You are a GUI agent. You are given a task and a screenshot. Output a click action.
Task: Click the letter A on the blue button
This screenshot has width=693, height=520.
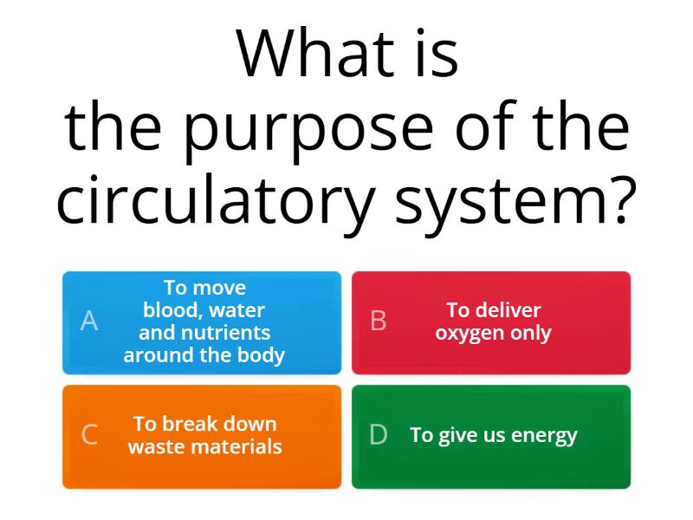89,322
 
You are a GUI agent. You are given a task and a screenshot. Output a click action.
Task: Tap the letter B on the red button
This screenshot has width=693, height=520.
379,322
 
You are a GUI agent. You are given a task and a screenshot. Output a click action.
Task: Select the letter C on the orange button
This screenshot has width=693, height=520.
89,435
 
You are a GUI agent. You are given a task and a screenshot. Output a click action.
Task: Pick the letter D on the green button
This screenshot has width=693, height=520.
379,435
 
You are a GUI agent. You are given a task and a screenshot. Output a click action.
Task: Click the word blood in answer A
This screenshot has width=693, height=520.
167,310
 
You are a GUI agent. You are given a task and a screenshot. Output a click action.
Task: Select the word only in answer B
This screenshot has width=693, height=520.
530,334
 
